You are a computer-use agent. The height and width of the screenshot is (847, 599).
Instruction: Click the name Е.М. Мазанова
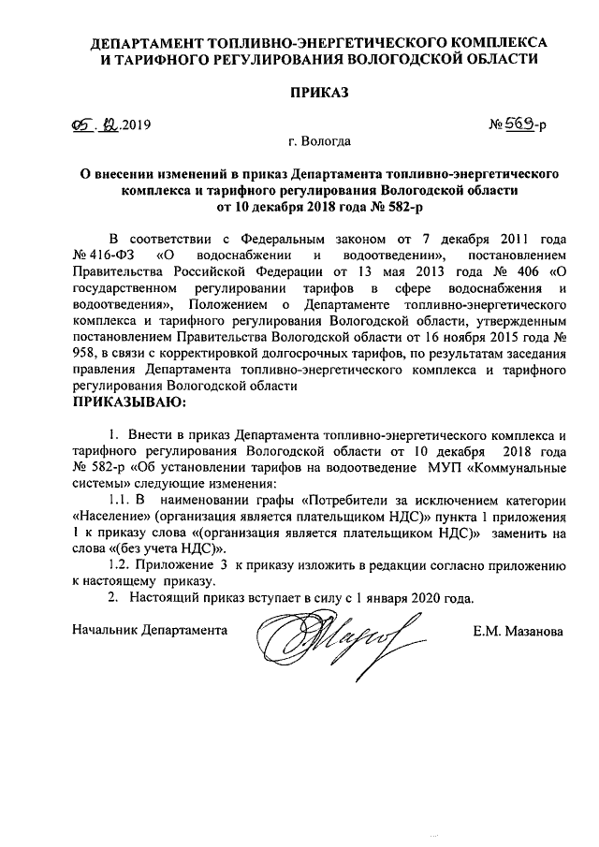(519, 632)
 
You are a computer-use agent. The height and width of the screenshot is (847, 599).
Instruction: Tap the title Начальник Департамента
(150, 632)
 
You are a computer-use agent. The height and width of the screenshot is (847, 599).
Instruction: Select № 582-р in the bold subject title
(348, 207)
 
